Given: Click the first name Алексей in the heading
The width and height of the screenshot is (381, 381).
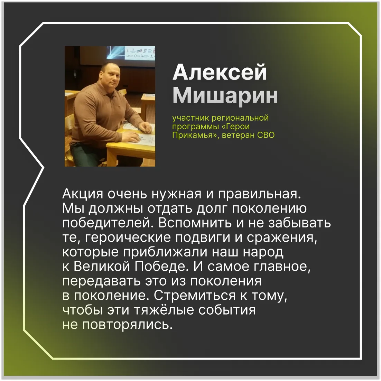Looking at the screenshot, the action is click(220, 73).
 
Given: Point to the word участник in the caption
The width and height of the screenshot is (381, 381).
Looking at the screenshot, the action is click(191, 118).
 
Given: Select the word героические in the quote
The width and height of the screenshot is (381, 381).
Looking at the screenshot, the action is click(128, 238).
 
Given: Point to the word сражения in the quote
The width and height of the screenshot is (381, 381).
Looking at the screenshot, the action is click(282, 238).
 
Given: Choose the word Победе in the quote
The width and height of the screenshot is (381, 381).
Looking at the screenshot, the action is click(161, 266).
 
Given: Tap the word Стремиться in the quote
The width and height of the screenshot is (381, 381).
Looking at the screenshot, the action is click(195, 296).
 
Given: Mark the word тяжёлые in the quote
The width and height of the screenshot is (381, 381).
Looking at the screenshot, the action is click(164, 310).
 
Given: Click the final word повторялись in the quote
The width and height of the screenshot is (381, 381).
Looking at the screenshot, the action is click(127, 325).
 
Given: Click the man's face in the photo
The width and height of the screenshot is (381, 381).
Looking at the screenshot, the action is click(111, 76).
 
